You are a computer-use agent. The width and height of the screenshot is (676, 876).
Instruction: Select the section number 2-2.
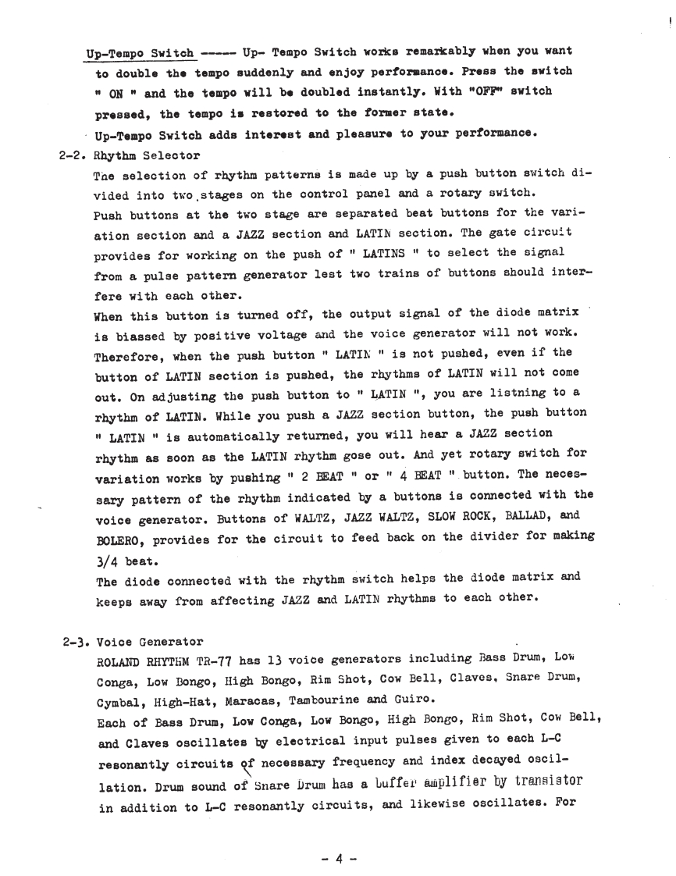click(74, 155)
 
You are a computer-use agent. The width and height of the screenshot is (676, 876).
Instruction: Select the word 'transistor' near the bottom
click(539, 786)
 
